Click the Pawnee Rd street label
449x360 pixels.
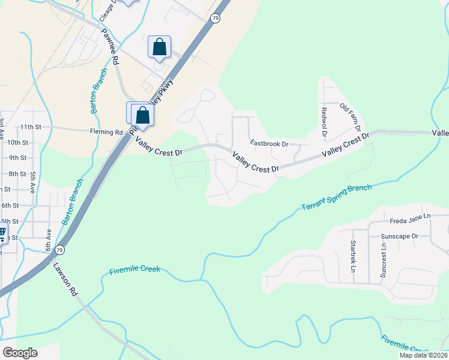[x=110, y=46]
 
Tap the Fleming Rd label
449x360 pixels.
[x=106, y=132]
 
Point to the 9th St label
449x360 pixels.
[x=18, y=158]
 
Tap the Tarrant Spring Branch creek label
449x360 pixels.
[x=336, y=197]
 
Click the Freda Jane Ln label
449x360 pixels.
[x=410, y=216]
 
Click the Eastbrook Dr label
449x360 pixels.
[x=270, y=144]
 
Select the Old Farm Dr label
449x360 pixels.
[x=350, y=117]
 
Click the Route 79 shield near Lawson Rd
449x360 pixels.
[x=59, y=249]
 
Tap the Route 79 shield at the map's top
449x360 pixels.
[x=215, y=19]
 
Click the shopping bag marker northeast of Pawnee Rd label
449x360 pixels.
[x=159, y=47]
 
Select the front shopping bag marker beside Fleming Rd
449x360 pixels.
[x=143, y=115]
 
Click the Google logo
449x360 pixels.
[x=20, y=353]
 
